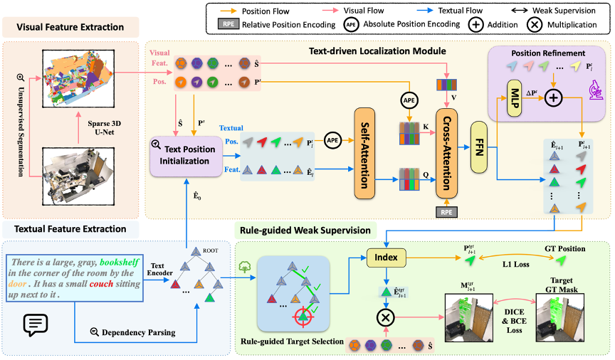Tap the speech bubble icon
point(36,324)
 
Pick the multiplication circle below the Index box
point(386,314)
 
